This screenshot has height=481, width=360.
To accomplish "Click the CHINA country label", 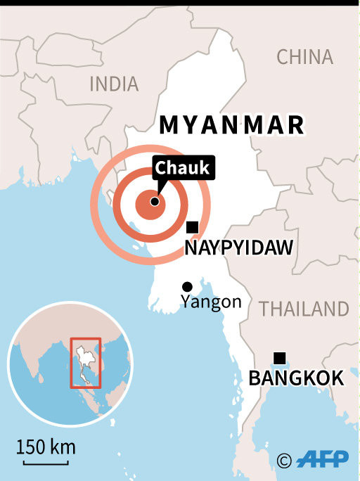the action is (x=304, y=57).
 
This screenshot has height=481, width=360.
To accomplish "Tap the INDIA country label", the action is (x=114, y=84).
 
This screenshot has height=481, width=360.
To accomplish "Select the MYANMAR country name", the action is (x=232, y=125).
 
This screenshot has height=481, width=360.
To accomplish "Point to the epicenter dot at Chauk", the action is (x=154, y=202).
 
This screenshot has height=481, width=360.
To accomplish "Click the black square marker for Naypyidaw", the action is (x=192, y=227).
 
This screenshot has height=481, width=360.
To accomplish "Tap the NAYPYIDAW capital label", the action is (x=238, y=248).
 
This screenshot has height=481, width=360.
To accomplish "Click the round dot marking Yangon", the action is (x=187, y=286).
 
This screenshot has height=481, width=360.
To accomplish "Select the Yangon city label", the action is (x=211, y=302).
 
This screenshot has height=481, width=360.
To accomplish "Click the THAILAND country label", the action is (x=304, y=309).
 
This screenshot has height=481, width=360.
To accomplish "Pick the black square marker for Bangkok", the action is (x=279, y=358).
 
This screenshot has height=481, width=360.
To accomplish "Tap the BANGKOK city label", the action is (x=296, y=379).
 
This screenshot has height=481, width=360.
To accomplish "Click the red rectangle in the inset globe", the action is (x=86, y=362).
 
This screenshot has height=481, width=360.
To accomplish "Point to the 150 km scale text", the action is (x=46, y=447).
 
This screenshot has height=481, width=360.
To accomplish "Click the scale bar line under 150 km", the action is (x=46, y=462).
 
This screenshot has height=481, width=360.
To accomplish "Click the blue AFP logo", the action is (x=323, y=461).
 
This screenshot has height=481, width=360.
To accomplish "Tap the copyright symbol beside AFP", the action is (x=284, y=461).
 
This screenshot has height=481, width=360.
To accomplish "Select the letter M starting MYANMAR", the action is (x=169, y=125).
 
